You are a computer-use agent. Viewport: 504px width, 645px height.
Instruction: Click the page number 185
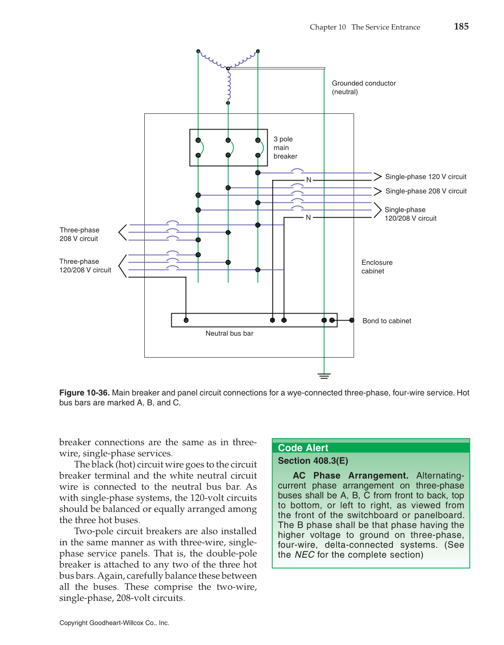[x=461, y=27]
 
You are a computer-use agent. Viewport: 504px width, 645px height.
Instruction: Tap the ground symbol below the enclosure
[x=324, y=375]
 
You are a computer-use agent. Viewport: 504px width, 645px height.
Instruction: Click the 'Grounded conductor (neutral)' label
[x=364, y=88]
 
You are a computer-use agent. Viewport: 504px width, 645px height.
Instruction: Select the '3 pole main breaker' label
[x=285, y=148]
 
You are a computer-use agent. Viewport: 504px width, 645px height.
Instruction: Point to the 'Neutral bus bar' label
[x=229, y=334]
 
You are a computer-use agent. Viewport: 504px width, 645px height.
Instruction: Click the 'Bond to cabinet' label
[x=387, y=321]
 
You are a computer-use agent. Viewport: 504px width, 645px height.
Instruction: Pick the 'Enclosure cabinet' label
[x=377, y=267]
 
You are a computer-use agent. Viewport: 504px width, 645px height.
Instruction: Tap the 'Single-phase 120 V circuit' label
[x=426, y=177]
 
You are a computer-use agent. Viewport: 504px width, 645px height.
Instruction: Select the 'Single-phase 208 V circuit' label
[x=426, y=191]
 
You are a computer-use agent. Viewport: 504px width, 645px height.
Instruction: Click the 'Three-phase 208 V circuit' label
[x=79, y=234]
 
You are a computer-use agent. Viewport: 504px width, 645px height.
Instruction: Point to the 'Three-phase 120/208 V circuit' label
[x=85, y=266]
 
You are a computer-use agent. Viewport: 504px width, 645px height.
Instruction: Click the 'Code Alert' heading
[x=303, y=448]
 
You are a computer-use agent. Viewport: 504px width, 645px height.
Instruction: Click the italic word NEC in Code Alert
[x=304, y=555]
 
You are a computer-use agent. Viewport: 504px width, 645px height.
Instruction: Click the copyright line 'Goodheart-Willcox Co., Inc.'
[x=129, y=623]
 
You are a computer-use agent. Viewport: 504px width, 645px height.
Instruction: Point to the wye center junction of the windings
[x=228, y=68]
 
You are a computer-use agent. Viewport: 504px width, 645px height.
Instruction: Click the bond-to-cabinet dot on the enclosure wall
[x=352, y=320]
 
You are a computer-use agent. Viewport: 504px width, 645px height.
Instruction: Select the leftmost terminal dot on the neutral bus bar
[x=186, y=320]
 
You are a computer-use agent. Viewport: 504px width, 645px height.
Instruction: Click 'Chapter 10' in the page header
[x=327, y=27]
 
